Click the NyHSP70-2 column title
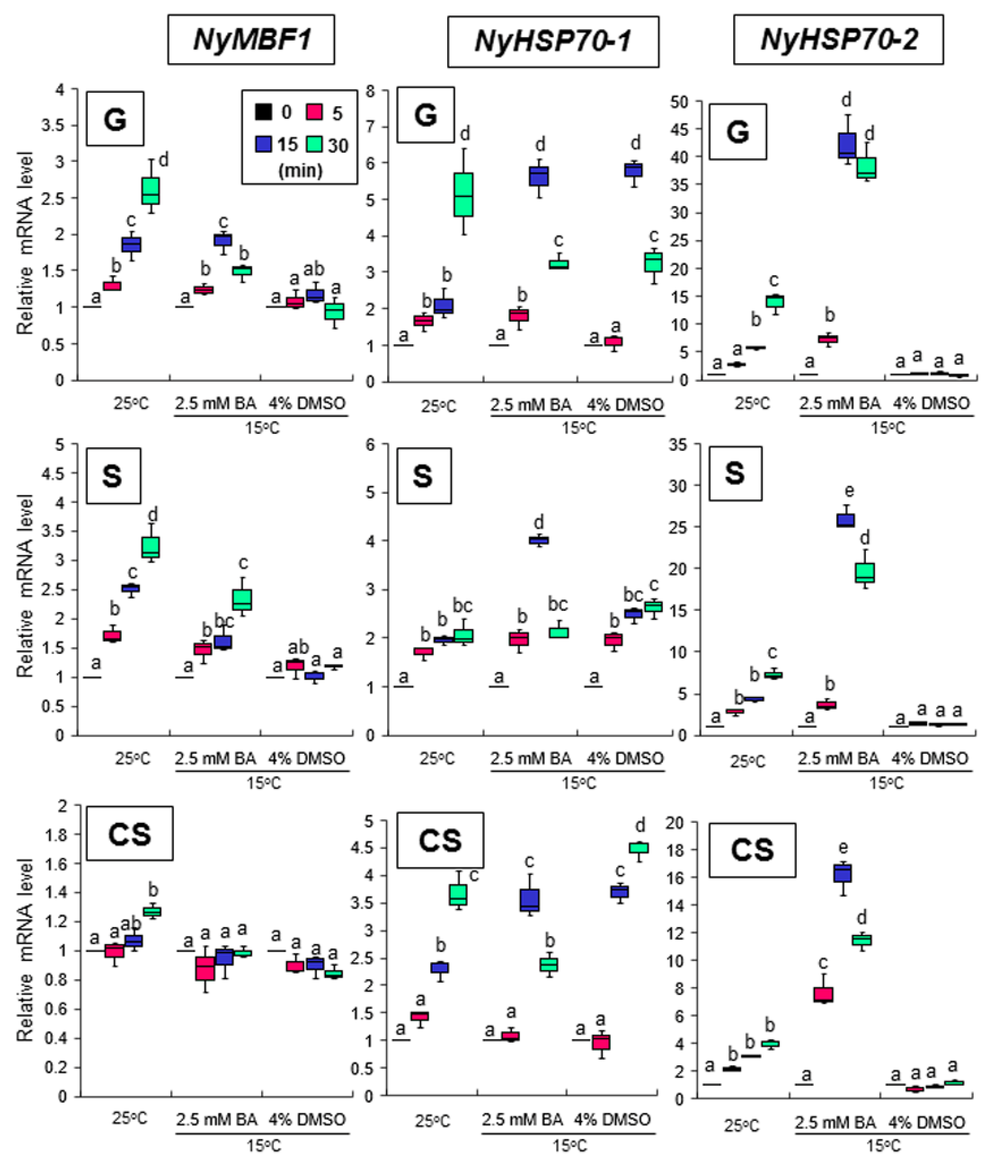point(838,39)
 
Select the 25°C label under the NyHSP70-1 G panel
point(439,406)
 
